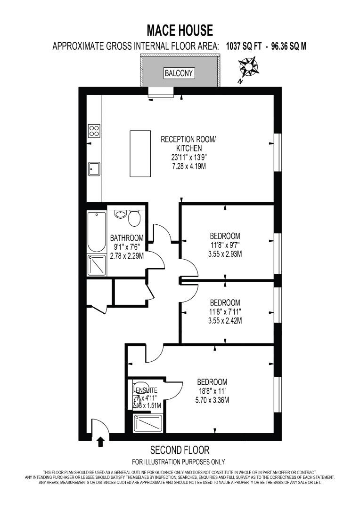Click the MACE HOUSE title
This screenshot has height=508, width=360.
(180, 31)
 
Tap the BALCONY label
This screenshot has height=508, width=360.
(179, 73)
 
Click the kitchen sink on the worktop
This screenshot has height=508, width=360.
(94, 168)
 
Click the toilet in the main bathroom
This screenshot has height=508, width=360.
(134, 218)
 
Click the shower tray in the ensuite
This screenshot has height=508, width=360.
(148, 423)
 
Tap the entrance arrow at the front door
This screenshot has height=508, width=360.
(100, 442)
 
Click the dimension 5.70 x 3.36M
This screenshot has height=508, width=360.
(212, 400)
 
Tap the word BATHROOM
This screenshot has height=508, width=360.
(127, 238)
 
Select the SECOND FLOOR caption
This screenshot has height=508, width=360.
(180, 450)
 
